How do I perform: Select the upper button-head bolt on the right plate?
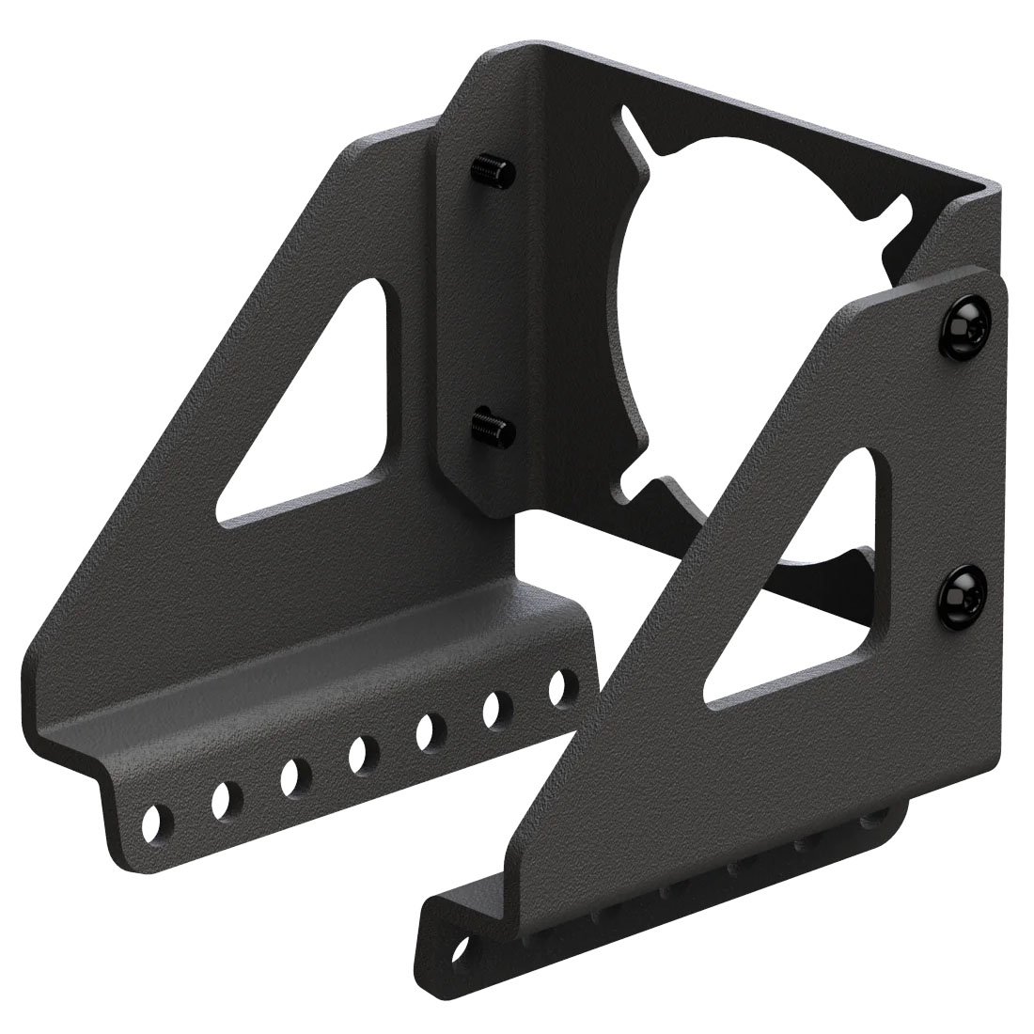point(965,324)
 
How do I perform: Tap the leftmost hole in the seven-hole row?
point(154,821)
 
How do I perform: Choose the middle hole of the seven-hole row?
point(359,751)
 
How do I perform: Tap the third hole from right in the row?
point(428,728)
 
